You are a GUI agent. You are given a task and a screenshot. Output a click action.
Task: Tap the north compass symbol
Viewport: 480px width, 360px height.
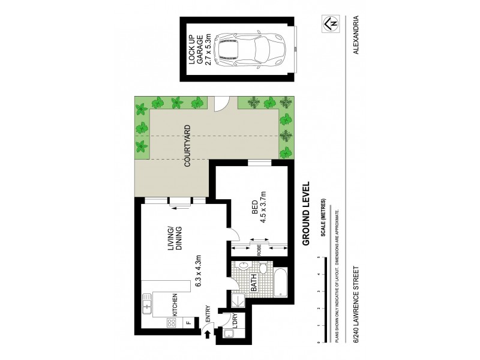point(329,23)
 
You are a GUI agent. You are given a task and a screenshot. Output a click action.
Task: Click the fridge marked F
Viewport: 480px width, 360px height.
point(188,322)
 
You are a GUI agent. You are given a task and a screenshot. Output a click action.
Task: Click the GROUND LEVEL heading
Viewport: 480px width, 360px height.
point(305,214)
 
